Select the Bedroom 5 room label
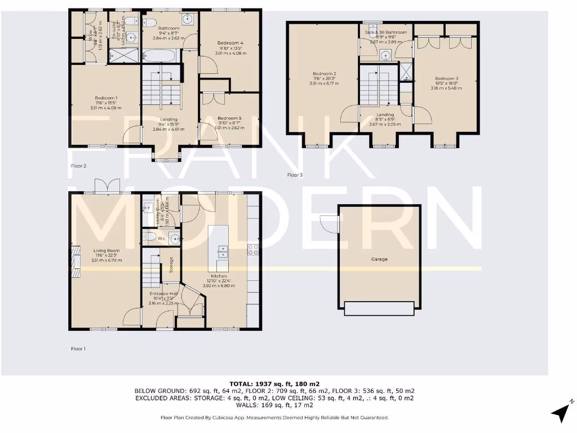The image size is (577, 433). click(229, 118)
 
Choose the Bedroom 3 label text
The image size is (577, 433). click(446, 78)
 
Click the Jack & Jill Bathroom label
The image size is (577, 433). click(385, 33)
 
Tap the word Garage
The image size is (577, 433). click(379, 259)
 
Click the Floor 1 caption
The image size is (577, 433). click(78, 349)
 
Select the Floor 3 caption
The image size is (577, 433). click(295, 175)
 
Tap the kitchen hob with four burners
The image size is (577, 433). click(252, 249)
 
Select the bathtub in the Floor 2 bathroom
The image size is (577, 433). click(161, 56)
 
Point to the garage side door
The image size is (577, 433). click(329, 224)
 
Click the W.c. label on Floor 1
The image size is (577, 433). click(161, 238)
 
